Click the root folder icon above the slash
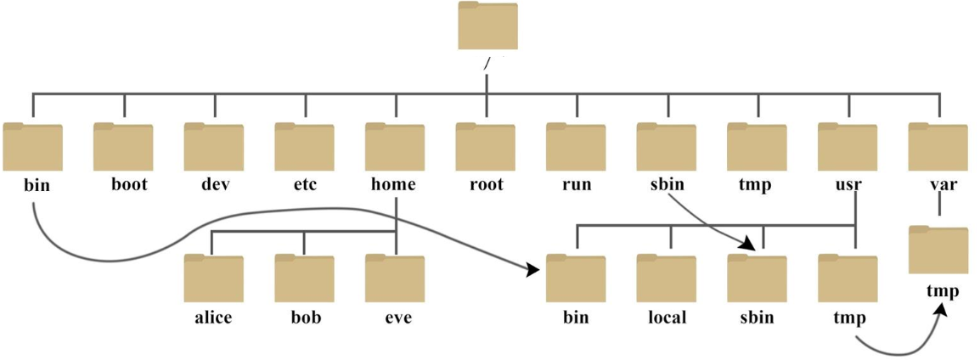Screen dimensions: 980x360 [487, 25]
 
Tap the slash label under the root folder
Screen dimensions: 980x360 [487, 63]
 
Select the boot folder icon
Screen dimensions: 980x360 [123, 147]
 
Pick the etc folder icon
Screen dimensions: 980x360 [304, 147]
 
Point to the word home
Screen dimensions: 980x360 [393, 185]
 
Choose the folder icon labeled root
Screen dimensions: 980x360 [486, 147]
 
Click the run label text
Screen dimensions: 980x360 [576, 186]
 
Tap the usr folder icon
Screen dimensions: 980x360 [848, 147]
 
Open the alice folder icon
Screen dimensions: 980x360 [214, 278]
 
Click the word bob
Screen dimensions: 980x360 [306, 317]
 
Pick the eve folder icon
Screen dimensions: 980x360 [395, 278]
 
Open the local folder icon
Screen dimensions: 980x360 [667, 278]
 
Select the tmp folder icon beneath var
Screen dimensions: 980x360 [938, 250]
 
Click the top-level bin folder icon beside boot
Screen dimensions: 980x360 [32, 147]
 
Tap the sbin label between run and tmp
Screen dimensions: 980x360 [667, 185]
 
